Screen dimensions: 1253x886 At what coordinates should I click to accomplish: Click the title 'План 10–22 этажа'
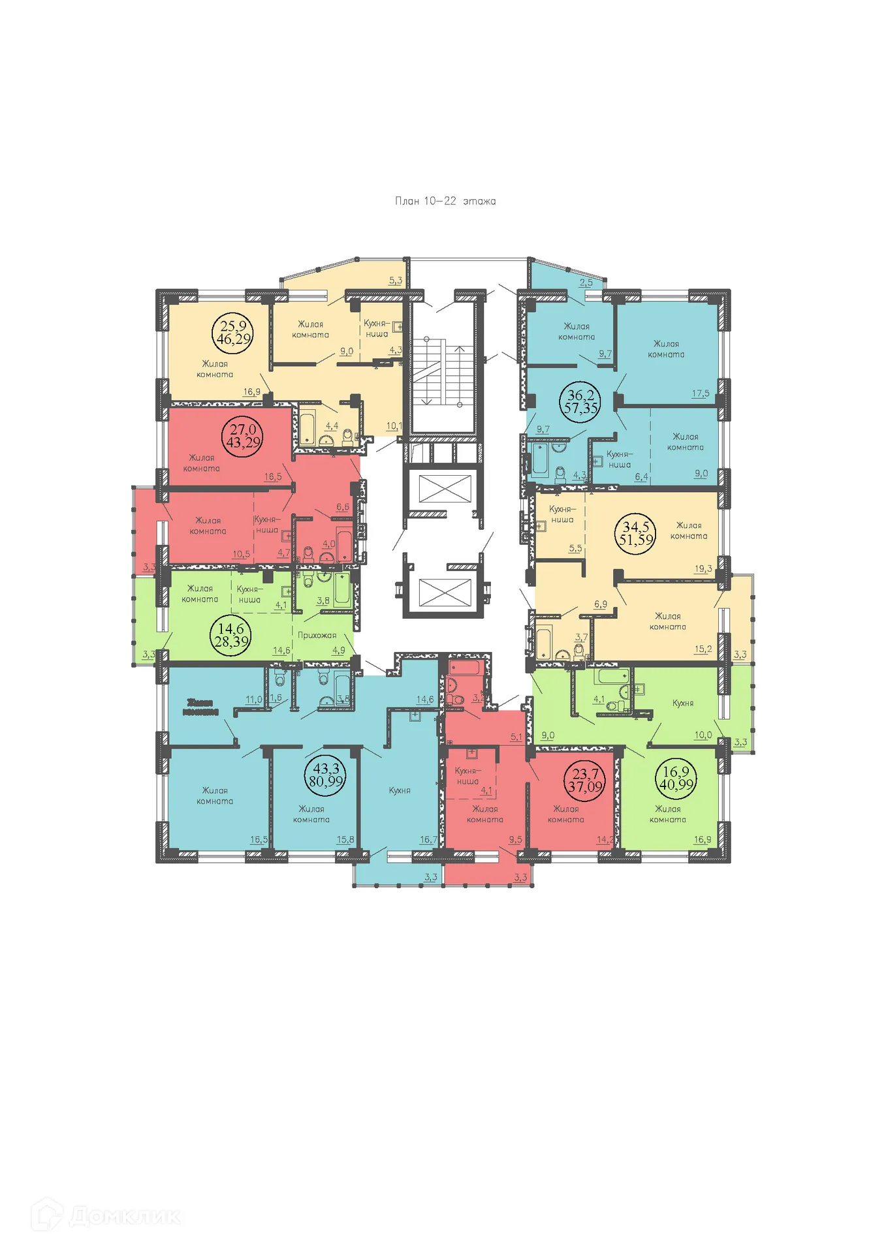coord(445,201)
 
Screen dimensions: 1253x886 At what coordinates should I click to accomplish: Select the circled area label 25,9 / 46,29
coord(233,332)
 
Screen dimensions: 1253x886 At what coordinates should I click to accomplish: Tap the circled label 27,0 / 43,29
coord(242,436)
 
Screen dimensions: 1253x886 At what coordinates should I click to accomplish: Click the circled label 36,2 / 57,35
coord(580,401)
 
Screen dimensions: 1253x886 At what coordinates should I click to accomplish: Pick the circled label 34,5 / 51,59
coord(635,533)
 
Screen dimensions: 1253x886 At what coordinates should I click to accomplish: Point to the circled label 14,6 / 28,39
coord(230,635)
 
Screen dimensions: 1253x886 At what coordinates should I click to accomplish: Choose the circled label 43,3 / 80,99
coord(326,775)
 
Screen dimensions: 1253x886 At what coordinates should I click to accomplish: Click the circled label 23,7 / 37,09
coord(584,780)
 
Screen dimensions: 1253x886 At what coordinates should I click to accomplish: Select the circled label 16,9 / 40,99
coord(676,778)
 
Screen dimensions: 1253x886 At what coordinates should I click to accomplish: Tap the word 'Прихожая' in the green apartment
coord(317,635)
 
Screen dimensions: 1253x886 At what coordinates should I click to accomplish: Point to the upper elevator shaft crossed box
coord(444,489)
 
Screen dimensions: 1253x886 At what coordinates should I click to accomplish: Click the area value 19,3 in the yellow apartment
coord(703,568)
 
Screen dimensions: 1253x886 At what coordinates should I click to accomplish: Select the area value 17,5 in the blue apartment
coord(700,394)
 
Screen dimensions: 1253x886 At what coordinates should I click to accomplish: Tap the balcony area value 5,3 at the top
coord(396,281)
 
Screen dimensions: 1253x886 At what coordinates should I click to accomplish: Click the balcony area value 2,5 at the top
coord(586,283)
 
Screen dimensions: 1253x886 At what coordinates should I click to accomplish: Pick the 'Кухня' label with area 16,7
coord(400,790)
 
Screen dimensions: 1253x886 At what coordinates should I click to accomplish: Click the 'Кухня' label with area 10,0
coord(683,703)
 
